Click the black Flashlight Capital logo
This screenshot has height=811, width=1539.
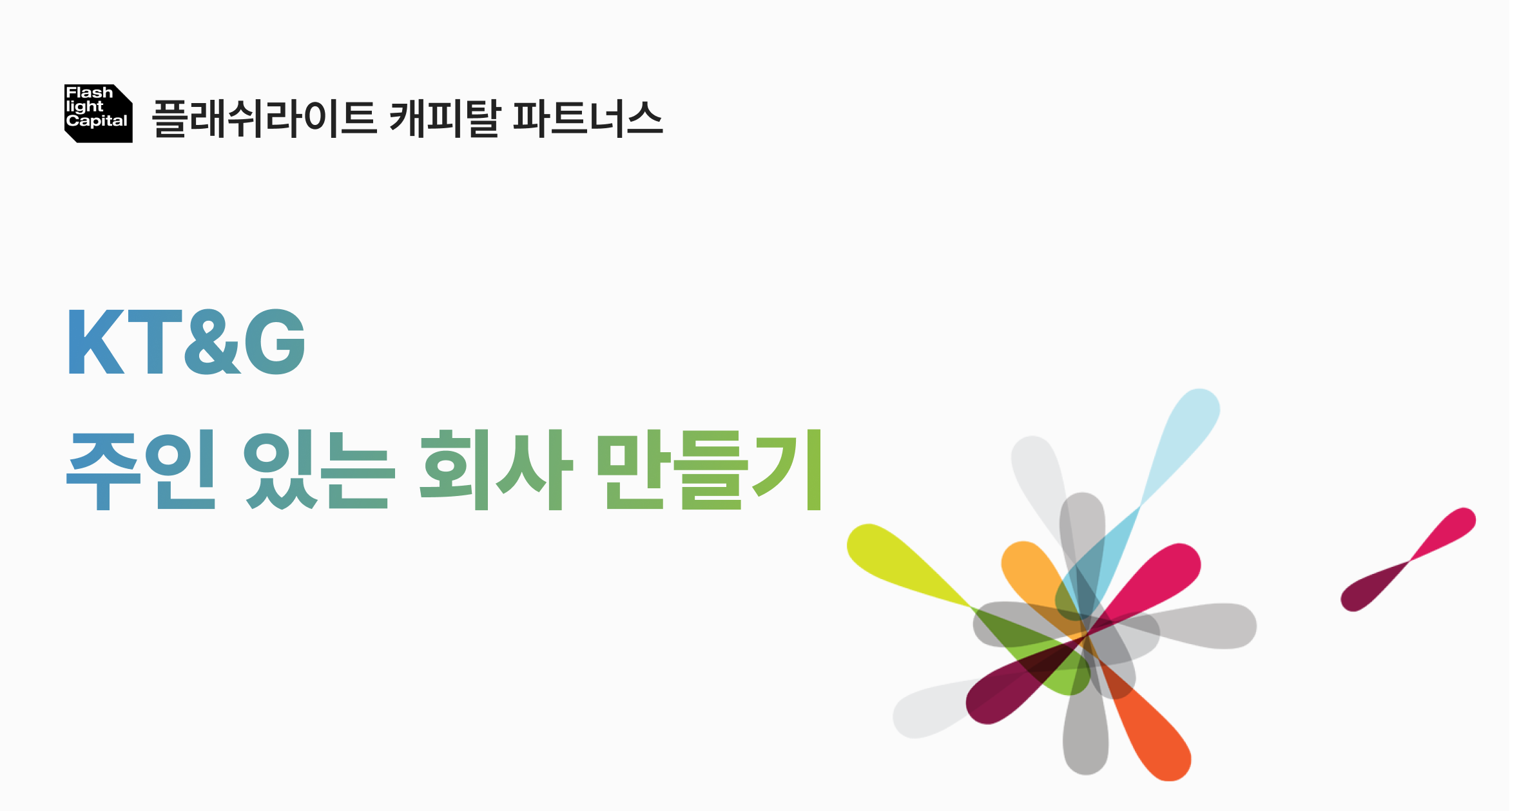tap(98, 113)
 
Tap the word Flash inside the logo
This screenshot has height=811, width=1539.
tap(89, 93)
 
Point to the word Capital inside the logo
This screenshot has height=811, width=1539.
tap(97, 121)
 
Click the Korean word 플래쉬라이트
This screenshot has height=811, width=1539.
tap(264, 119)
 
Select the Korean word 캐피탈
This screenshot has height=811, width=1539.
tap(445, 119)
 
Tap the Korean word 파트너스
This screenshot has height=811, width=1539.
tap(587, 119)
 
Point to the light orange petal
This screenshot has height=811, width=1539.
tap(1028, 567)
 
